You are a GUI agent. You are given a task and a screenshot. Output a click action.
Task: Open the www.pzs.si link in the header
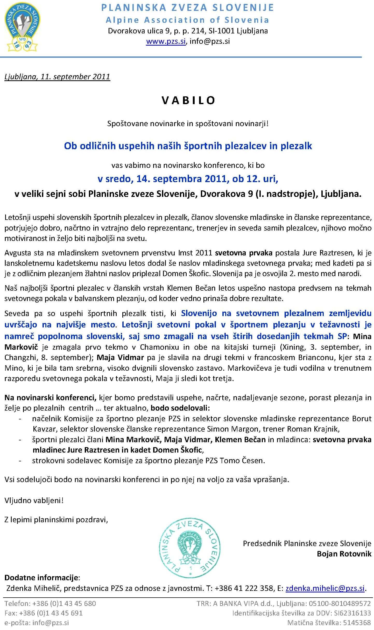pyautogui.click(x=166, y=41)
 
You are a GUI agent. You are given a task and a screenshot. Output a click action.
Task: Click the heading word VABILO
pyautogui.click(x=188, y=100)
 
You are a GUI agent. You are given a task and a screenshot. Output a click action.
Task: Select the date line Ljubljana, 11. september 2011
pyautogui.click(x=57, y=77)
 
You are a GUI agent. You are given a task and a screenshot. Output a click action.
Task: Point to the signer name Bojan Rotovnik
pyautogui.click(x=344, y=554)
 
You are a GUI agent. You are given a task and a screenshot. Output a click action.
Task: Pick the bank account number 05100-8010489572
pyautogui.click(x=340, y=603)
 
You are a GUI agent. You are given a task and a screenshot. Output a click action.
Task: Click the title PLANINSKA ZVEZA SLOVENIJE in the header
pyautogui.click(x=187, y=8)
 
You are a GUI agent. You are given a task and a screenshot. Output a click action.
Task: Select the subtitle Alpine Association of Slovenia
pyautogui.click(x=187, y=20)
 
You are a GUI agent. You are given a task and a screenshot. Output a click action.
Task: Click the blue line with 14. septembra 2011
pyautogui.click(x=188, y=179)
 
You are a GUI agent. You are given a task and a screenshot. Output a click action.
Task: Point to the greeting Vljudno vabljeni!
pyautogui.click(x=34, y=500)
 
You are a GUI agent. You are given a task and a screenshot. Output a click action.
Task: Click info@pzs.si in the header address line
pyautogui.click(x=210, y=41)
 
